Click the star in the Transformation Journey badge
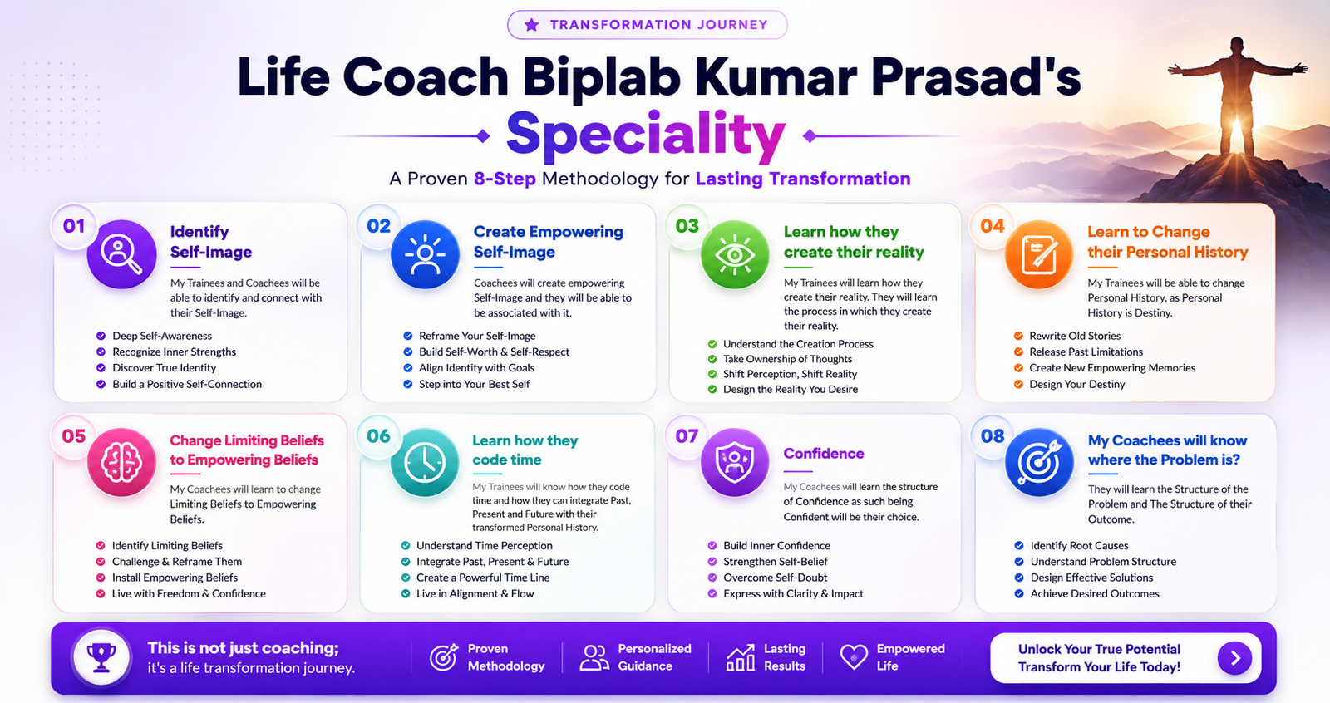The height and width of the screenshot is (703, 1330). [x=531, y=24]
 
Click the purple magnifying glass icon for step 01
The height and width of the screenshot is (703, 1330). [x=121, y=254]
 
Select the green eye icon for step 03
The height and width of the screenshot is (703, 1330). [x=735, y=254]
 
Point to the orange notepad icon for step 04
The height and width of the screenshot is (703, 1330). [x=1039, y=254]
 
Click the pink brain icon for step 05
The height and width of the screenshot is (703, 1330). [x=121, y=462]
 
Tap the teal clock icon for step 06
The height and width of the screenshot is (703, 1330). [x=425, y=462]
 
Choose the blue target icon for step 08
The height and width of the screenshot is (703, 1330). [x=1039, y=462]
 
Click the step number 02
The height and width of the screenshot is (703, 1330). [x=379, y=226]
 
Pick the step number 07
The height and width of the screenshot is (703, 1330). [x=687, y=436]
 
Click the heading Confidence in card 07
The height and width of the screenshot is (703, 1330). [x=824, y=454]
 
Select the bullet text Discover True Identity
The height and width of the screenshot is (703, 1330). [x=165, y=368]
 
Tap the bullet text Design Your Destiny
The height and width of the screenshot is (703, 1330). [x=1077, y=384]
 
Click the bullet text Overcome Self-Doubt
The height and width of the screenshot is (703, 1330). [x=775, y=578]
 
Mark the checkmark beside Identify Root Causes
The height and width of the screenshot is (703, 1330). [x=1019, y=546]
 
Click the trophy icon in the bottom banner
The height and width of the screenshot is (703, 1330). [x=101, y=658]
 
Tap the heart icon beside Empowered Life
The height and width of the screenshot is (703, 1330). [x=854, y=657]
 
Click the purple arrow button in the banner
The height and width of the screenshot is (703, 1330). [x=1234, y=658]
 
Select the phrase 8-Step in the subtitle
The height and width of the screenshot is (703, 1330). [x=505, y=179]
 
